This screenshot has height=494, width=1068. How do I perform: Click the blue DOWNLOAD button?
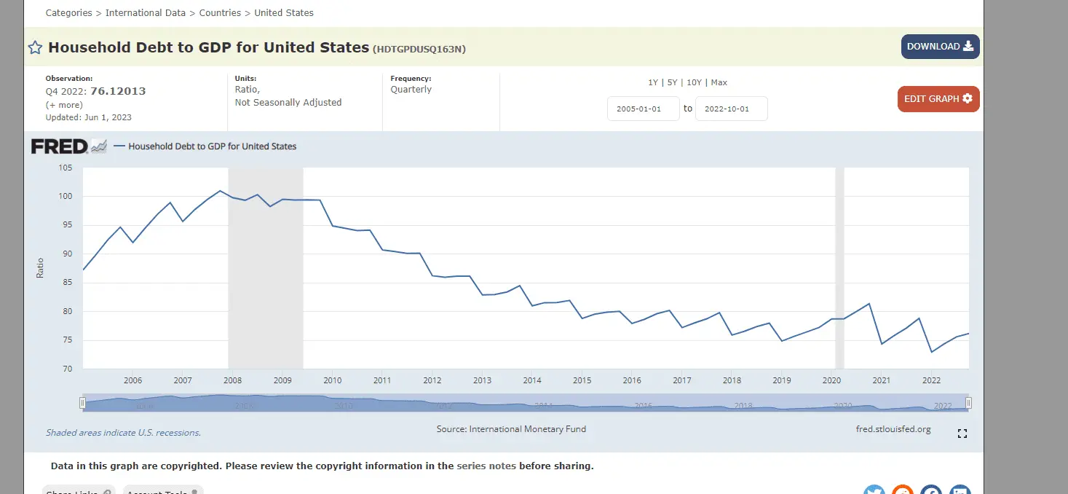[x=940, y=47]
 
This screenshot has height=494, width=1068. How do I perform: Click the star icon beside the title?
[x=35, y=48]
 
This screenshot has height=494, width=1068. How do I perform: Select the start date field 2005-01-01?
[x=643, y=109]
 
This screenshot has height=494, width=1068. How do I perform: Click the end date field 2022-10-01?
[x=731, y=109]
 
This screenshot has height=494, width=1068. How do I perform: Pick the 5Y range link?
[x=673, y=82]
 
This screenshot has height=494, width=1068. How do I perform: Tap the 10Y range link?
[x=694, y=82]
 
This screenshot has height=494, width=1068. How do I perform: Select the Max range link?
[x=719, y=82]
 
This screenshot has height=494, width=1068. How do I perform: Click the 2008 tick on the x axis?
[x=232, y=380]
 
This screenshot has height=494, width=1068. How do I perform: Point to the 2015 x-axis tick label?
[x=582, y=380]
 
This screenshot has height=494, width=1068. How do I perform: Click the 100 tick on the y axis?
[x=66, y=197]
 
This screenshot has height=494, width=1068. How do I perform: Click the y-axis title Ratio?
[x=40, y=268]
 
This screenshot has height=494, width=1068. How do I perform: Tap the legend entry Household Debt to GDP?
[x=212, y=146]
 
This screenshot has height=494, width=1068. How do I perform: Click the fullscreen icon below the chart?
[x=962, y=434]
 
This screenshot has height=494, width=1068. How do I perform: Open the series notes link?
[x=486, y=466]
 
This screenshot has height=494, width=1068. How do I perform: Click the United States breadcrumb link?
[x=284, y=13]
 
